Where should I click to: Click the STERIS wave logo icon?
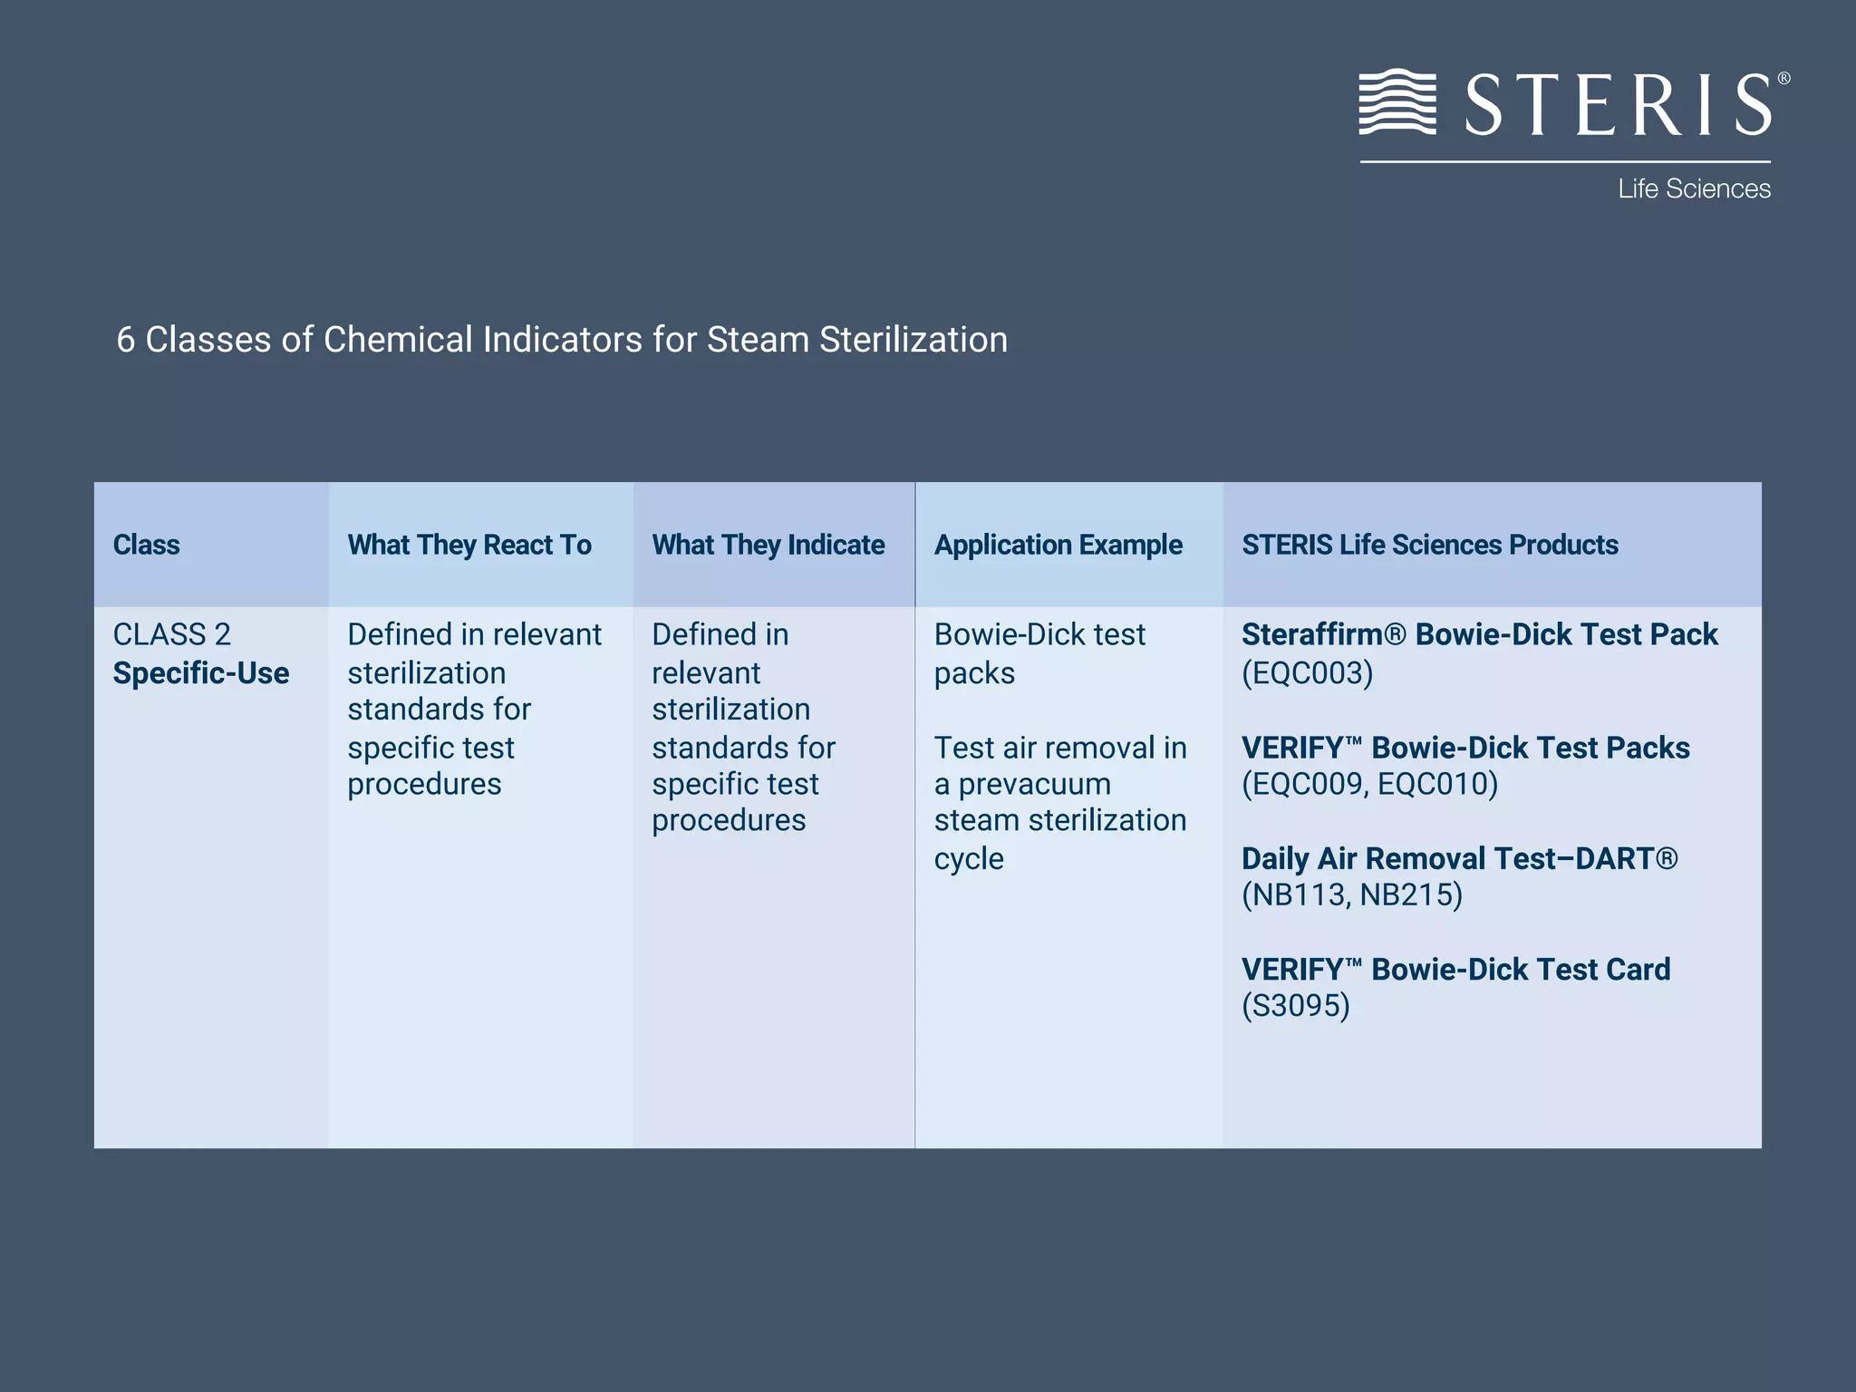[x=1397, y=101]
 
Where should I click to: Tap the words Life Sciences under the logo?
[x=1694, y=188]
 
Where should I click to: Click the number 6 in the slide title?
[x=126, y=340]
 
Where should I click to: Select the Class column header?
[x=146, y=545]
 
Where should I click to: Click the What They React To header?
[x=469, y=545]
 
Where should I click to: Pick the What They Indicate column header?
[x=768, y=545]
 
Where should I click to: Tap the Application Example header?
[x=1058, y=545]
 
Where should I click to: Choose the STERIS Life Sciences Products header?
[x=1429, y=545]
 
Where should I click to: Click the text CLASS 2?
[x=171, y=634]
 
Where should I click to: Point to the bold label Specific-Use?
[x=201, y=673]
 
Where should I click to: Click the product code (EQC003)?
[x=1307, y=673]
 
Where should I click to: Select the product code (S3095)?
[x=1295, y=1006]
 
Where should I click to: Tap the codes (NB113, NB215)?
[x=1351, y=895]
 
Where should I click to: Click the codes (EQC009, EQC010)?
[x=1369, y=784]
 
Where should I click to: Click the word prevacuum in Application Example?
[x=1034, y=784]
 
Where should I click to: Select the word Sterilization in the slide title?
[x=913, y=340]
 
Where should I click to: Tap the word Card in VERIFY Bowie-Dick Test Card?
[x=1638, y=970]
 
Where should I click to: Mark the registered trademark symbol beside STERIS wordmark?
[x=1783, y=79]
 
